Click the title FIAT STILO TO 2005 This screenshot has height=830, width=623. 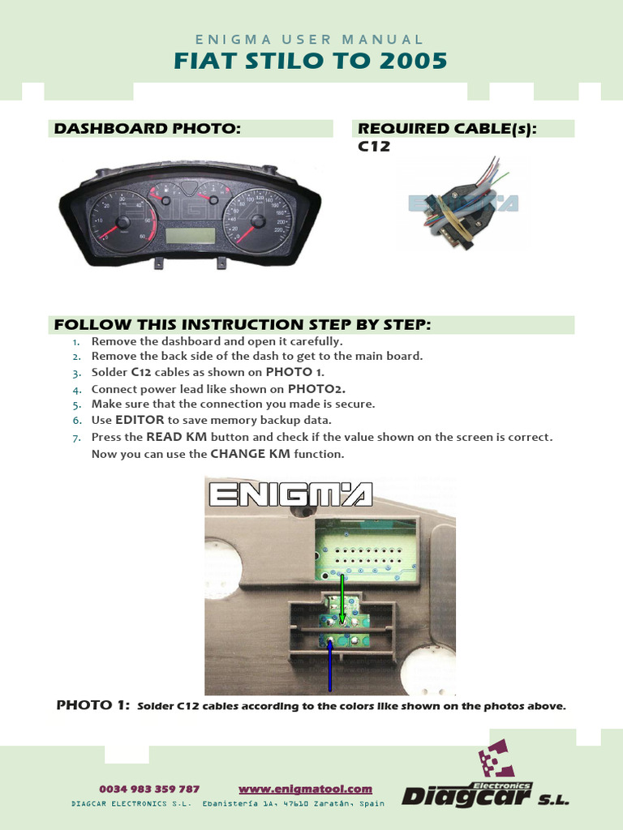(311, 61)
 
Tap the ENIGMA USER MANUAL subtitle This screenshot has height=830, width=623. (311, 39)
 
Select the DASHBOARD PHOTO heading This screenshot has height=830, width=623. (147, 129)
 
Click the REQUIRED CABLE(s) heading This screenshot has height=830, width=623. (447, 129)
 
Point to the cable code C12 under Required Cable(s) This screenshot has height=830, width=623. (374, 147)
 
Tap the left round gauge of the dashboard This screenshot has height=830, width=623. (122, 222)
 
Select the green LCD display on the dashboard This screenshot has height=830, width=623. (190, 236)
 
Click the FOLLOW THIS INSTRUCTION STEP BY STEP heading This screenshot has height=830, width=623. (243, 325)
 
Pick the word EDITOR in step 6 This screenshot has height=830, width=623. (140, 420)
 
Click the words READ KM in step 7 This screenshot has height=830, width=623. (176, 437)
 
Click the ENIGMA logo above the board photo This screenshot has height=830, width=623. (290, 494)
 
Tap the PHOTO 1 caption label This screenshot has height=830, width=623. (92, 705)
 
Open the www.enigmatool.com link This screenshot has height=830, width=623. (305, 789)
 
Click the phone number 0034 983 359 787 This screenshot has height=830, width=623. (149, 789)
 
